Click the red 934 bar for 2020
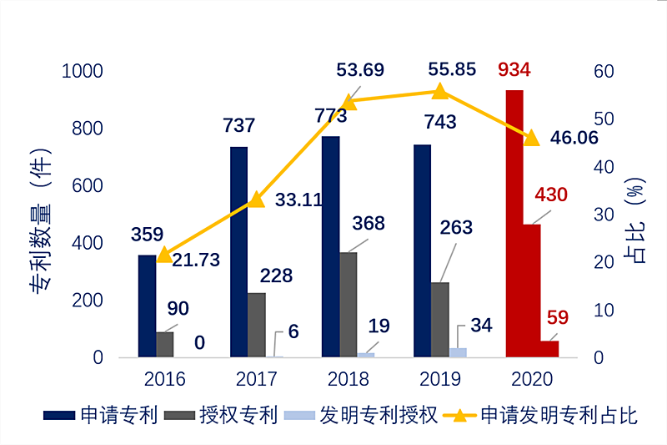[x=514, y=223]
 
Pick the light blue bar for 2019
[x=458, y=352]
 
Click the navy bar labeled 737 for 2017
[x=238, y=251]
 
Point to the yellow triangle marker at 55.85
[x=440, y=91]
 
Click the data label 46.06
[x=574, y=138]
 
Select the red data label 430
[x=550, y=195]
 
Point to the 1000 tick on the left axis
[x=82, y=71]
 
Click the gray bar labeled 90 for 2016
[x=165, y=344]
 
